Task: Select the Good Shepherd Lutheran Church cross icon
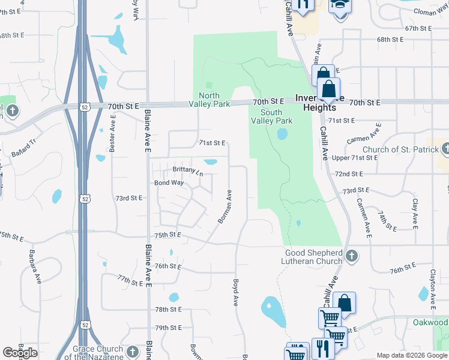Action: click(352, 256)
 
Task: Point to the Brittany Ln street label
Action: click(188, 170)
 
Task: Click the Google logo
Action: click(20, 353)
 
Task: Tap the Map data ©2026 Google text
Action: click(411, 356)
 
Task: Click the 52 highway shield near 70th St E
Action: click(83, 106)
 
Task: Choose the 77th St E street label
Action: click(131, 280)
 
